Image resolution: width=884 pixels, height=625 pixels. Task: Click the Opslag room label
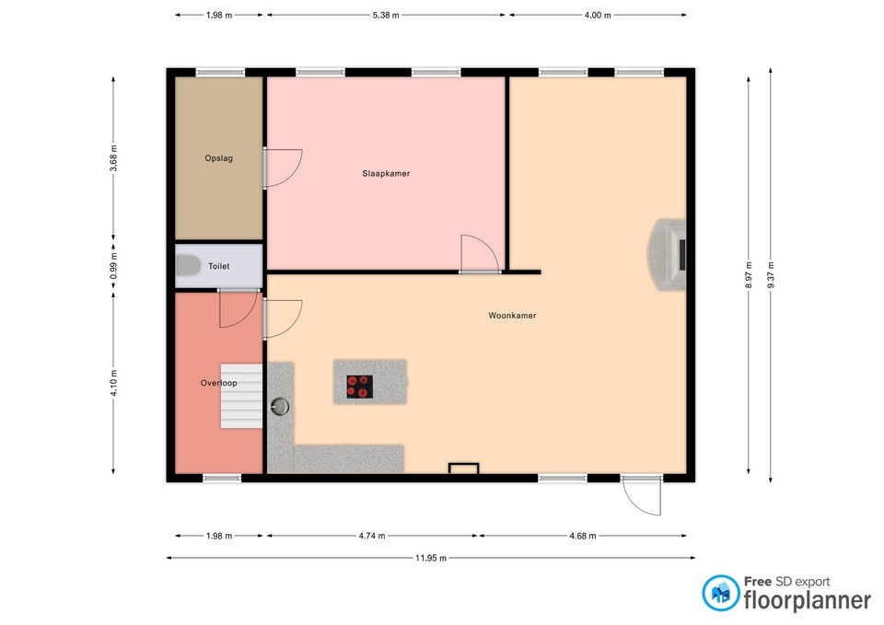pyautogui.click(x=218, y=158)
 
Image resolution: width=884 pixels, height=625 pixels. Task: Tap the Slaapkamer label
pyautogui.click(x=386, y=173)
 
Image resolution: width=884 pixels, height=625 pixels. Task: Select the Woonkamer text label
pyautogui.click(x=512, y=316)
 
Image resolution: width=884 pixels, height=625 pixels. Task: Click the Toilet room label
pyautogui.click(x=218, y=266)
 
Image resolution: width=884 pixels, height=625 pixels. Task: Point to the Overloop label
pyautogui.click(x=219, y=382)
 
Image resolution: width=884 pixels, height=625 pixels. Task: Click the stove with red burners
pyautogui.click(x=359, y=387)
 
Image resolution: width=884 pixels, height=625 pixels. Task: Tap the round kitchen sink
pyautogui.click(x=280, y=403)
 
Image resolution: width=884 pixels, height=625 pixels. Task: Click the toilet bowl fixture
pyautogui.click(x=188, y=266)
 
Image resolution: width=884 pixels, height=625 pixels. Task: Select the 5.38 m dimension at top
pyautogui.click(x=385, y=16)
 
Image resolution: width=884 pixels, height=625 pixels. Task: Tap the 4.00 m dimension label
pyautogui.click(x=597, y=16)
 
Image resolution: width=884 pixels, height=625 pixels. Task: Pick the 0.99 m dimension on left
pyautogui.click(x=114, y=266)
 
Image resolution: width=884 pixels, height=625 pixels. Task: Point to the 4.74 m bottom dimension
pyautogui.click(x=371, y=536)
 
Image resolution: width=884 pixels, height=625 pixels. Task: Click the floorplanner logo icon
pyautogui.click(x=720, y=594)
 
